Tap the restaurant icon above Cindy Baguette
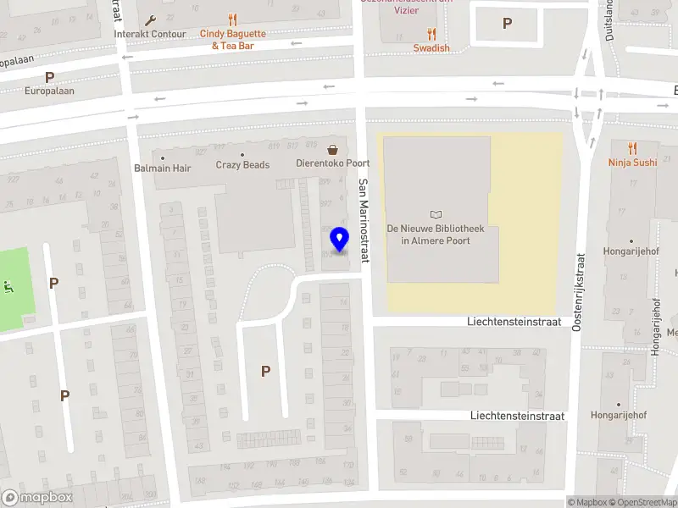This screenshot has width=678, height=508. [232, 19]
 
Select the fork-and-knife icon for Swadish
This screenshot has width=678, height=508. [431, 34]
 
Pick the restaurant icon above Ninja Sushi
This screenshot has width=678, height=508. [632, 147]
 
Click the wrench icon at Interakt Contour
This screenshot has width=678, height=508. [151, 20]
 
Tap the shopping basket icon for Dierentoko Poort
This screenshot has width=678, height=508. [332, 149]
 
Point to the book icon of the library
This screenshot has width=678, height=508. [436, 214]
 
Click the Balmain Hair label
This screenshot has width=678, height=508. [163, 168]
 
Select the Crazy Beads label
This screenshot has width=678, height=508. [242, 165]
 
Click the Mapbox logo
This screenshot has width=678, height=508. [37, 498]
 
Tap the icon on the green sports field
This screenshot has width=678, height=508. [10, 287]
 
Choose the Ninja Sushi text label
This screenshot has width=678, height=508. [632, 162]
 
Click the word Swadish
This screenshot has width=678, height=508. [431, 48]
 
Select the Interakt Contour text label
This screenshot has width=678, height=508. [150, 35]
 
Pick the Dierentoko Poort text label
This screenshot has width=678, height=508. [332, 163]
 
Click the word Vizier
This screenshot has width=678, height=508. [407, 10]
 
